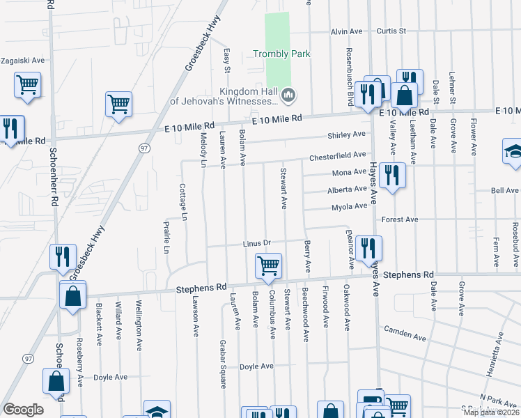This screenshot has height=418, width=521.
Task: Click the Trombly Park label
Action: (x=281, y=54)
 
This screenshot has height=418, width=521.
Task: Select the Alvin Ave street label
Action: (x=346, y=31)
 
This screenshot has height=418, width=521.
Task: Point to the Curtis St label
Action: (x=391, y=31)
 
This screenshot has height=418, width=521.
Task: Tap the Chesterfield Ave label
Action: (x=338, y=155)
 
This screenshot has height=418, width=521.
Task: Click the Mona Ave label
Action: (x=349, y=172)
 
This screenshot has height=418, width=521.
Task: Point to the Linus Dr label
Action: (x=256, y=243)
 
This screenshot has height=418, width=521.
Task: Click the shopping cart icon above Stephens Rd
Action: (x=268, y=265)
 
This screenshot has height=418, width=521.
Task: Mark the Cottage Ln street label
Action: (x=185, y=203)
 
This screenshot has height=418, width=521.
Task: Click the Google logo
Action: (x=23, y=410)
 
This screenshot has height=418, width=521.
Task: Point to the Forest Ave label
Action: (x=400, y=219)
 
